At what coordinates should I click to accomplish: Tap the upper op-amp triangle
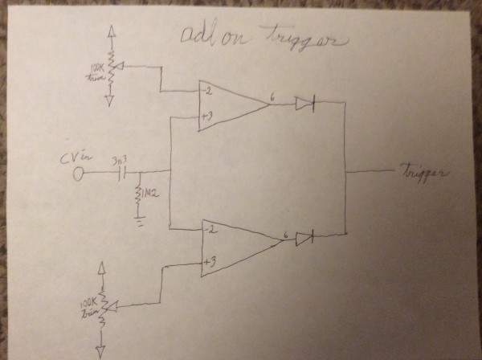229,104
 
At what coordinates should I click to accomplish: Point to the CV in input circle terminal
79,173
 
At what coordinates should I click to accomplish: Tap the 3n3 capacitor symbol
124,173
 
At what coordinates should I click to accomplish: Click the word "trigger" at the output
424,172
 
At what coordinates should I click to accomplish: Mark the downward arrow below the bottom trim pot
102,349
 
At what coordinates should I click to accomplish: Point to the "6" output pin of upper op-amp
273,97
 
